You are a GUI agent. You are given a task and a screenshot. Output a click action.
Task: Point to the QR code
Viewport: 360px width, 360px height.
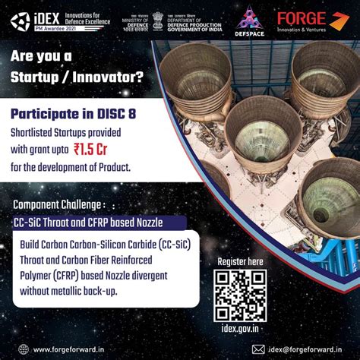[240, 295]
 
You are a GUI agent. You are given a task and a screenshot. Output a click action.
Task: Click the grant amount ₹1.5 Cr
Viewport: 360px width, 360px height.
[102, 150]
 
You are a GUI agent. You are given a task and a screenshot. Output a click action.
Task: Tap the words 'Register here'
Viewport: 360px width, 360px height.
[241, 261]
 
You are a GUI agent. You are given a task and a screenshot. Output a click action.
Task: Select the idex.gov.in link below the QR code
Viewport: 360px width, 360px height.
[240, 329]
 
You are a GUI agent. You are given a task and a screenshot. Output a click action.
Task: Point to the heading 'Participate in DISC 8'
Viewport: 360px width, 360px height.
[74, 114]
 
